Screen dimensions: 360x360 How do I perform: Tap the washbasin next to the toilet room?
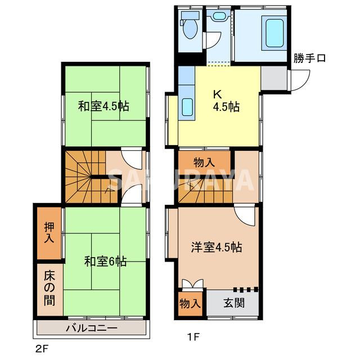point(217,17)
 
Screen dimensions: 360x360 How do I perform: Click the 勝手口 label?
point(309,58)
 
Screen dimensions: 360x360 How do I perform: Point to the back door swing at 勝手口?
point(298,79)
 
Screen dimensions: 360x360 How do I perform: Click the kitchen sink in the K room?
point(187,107)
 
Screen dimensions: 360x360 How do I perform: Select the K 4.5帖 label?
point(225,101)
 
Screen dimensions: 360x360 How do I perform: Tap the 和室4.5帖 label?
point(103,106)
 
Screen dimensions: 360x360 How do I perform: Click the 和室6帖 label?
point(105,261)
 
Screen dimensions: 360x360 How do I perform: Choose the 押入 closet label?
point(49,232)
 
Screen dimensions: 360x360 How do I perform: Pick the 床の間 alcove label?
point(49,289)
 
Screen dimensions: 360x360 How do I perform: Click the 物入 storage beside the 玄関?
point(190,303)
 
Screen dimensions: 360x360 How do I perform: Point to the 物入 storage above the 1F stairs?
point(204,162)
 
